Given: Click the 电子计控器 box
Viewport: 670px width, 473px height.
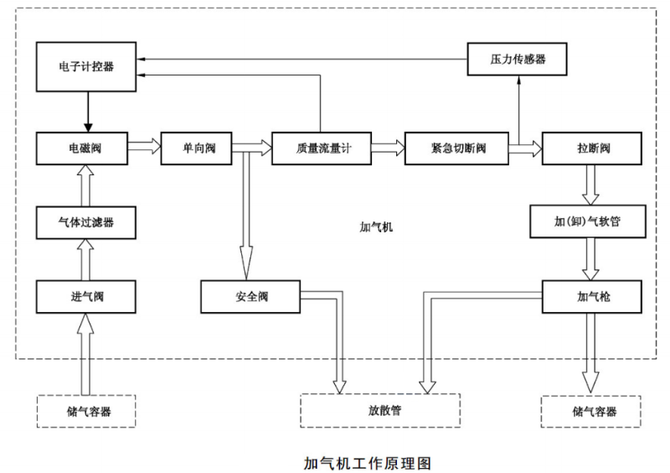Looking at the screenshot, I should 87,66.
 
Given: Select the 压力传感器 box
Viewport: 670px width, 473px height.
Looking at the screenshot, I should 517,60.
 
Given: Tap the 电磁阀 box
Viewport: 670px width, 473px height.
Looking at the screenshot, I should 87,148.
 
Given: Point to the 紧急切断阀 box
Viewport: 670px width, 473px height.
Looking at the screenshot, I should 456,148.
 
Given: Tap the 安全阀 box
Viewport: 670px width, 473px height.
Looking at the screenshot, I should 251,296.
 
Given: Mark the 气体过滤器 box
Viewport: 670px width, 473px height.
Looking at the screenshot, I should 87,222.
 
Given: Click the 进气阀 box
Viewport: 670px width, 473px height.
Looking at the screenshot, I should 87,296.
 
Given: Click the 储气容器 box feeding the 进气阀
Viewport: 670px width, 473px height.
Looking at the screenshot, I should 87,411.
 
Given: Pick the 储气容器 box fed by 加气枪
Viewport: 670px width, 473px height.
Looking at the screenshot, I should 594,411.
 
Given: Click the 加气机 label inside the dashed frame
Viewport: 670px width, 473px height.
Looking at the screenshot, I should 376,227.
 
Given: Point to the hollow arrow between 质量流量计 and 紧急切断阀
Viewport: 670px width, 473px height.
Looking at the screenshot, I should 387,148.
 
